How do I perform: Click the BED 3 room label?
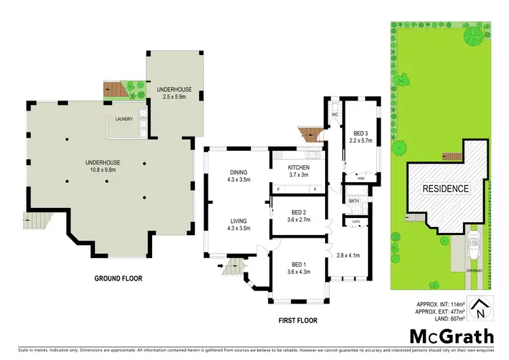(360, 132)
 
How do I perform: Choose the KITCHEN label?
(299, 167)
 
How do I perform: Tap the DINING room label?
(238, 172)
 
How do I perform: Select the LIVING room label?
(238, 221)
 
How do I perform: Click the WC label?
(335, 115)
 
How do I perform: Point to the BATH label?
(354, 201)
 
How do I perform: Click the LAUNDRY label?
(124, 120)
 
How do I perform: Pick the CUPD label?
(355, 221)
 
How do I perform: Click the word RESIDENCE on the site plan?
(445, 188)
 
